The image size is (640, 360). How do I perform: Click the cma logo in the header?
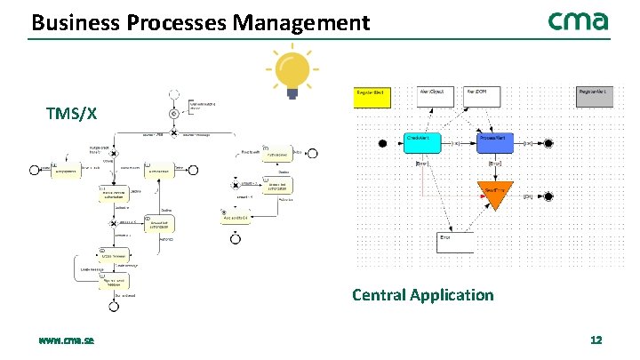tap(578, 21)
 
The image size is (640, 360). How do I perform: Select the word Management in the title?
tap(301, 22)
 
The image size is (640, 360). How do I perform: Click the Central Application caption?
tap(422, 294)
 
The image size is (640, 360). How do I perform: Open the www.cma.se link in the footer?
tap(67, 340)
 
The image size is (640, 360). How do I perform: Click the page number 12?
tap(596, 340)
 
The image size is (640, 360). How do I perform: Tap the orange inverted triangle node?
tap(494, 195)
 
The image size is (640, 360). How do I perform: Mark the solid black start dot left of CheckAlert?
tap(383, 143)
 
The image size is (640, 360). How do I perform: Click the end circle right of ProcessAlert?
tap(549, 143)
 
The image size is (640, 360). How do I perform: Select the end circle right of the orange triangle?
tap(549, 196)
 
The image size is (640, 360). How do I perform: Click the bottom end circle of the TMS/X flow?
tap(114, 306)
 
